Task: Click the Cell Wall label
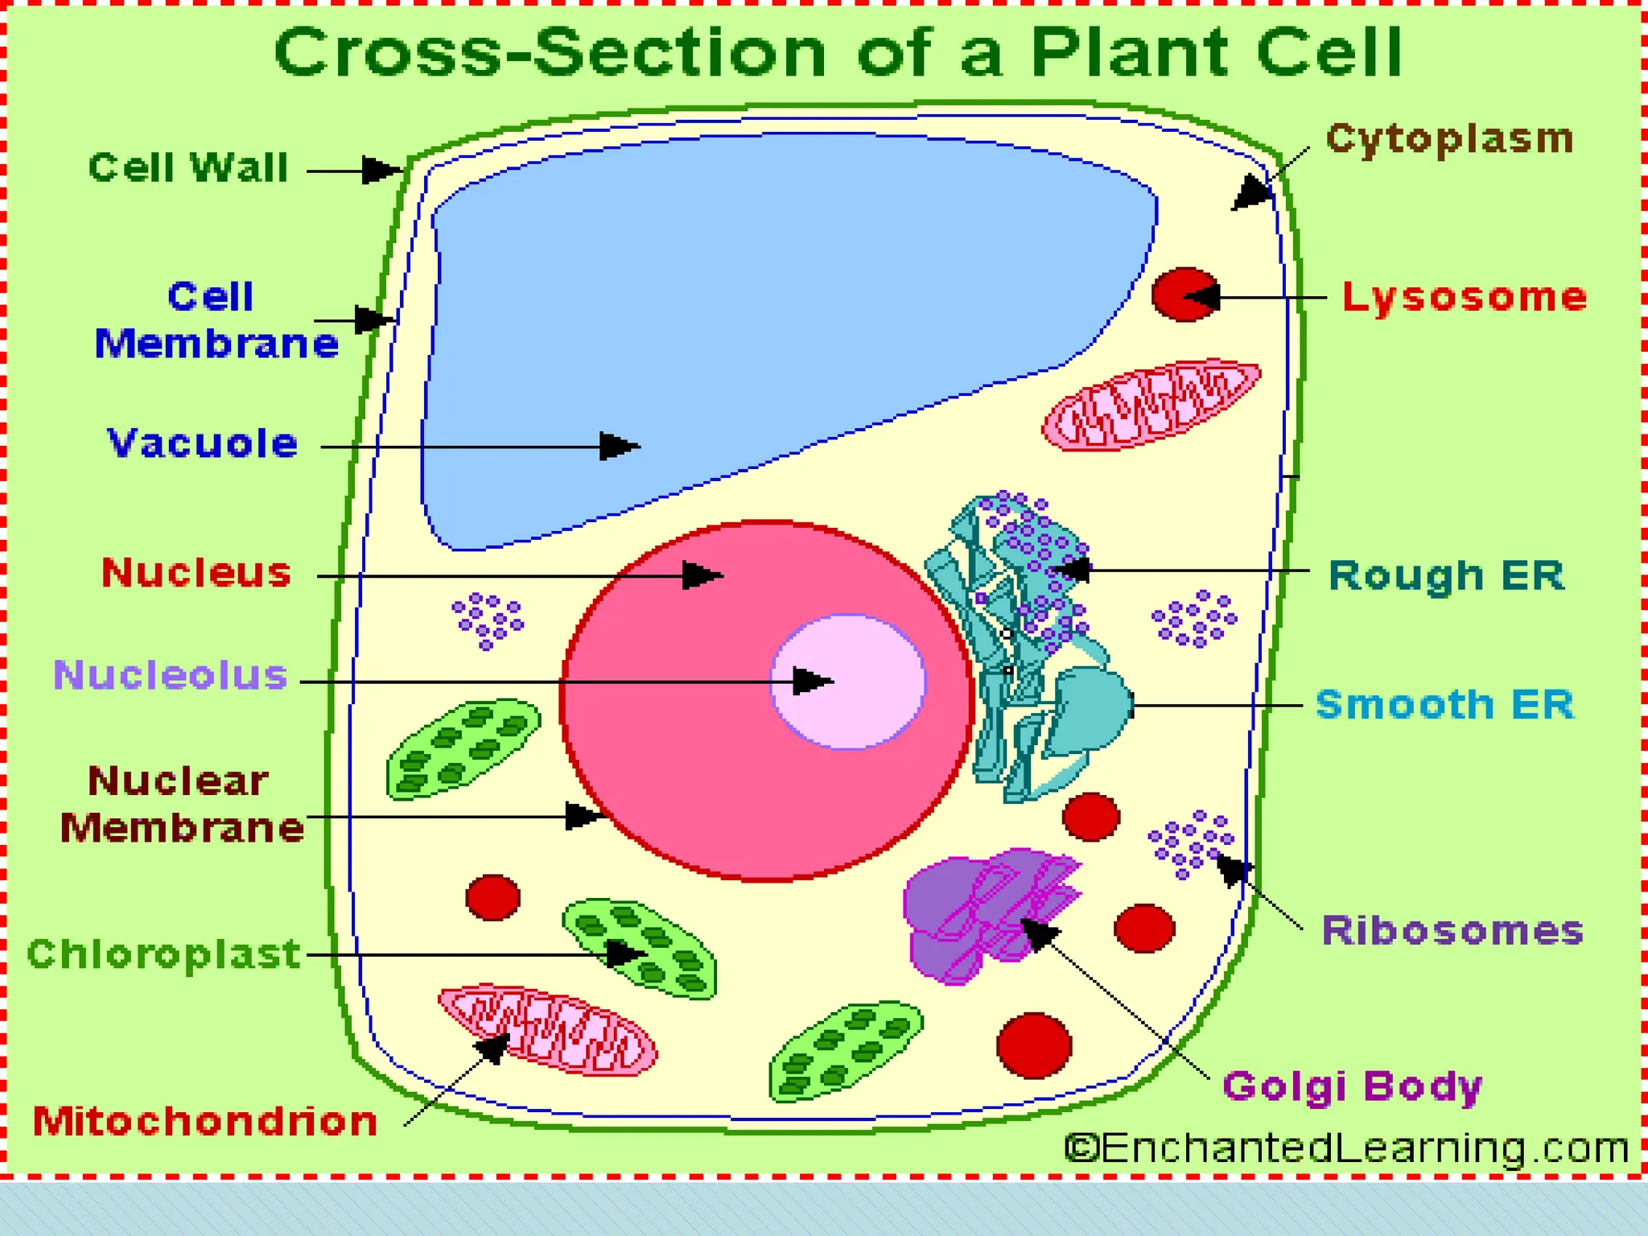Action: pyautogui.click(x=188, y=167)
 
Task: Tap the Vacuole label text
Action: pyautogui.click(x=203, y=443)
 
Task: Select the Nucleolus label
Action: pyautogui.click(x=171, y=674)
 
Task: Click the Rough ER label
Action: pyautogui.click(x=1446, y=575)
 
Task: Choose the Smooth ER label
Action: pyautogui.click(x=1444, y=705)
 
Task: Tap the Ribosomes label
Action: pyautogui.click(x=1452, y=931)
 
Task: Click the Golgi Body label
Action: pyautogui.click(x=1352, y=1086)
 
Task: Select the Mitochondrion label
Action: pyautogui.click(x=205, y=1121)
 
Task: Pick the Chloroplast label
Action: pyautogui.click(x=164, y=954)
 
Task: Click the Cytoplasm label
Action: pyautogui.click(x=1449, y=139)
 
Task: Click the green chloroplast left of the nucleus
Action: pyautogui.click(x=463, y=749)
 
